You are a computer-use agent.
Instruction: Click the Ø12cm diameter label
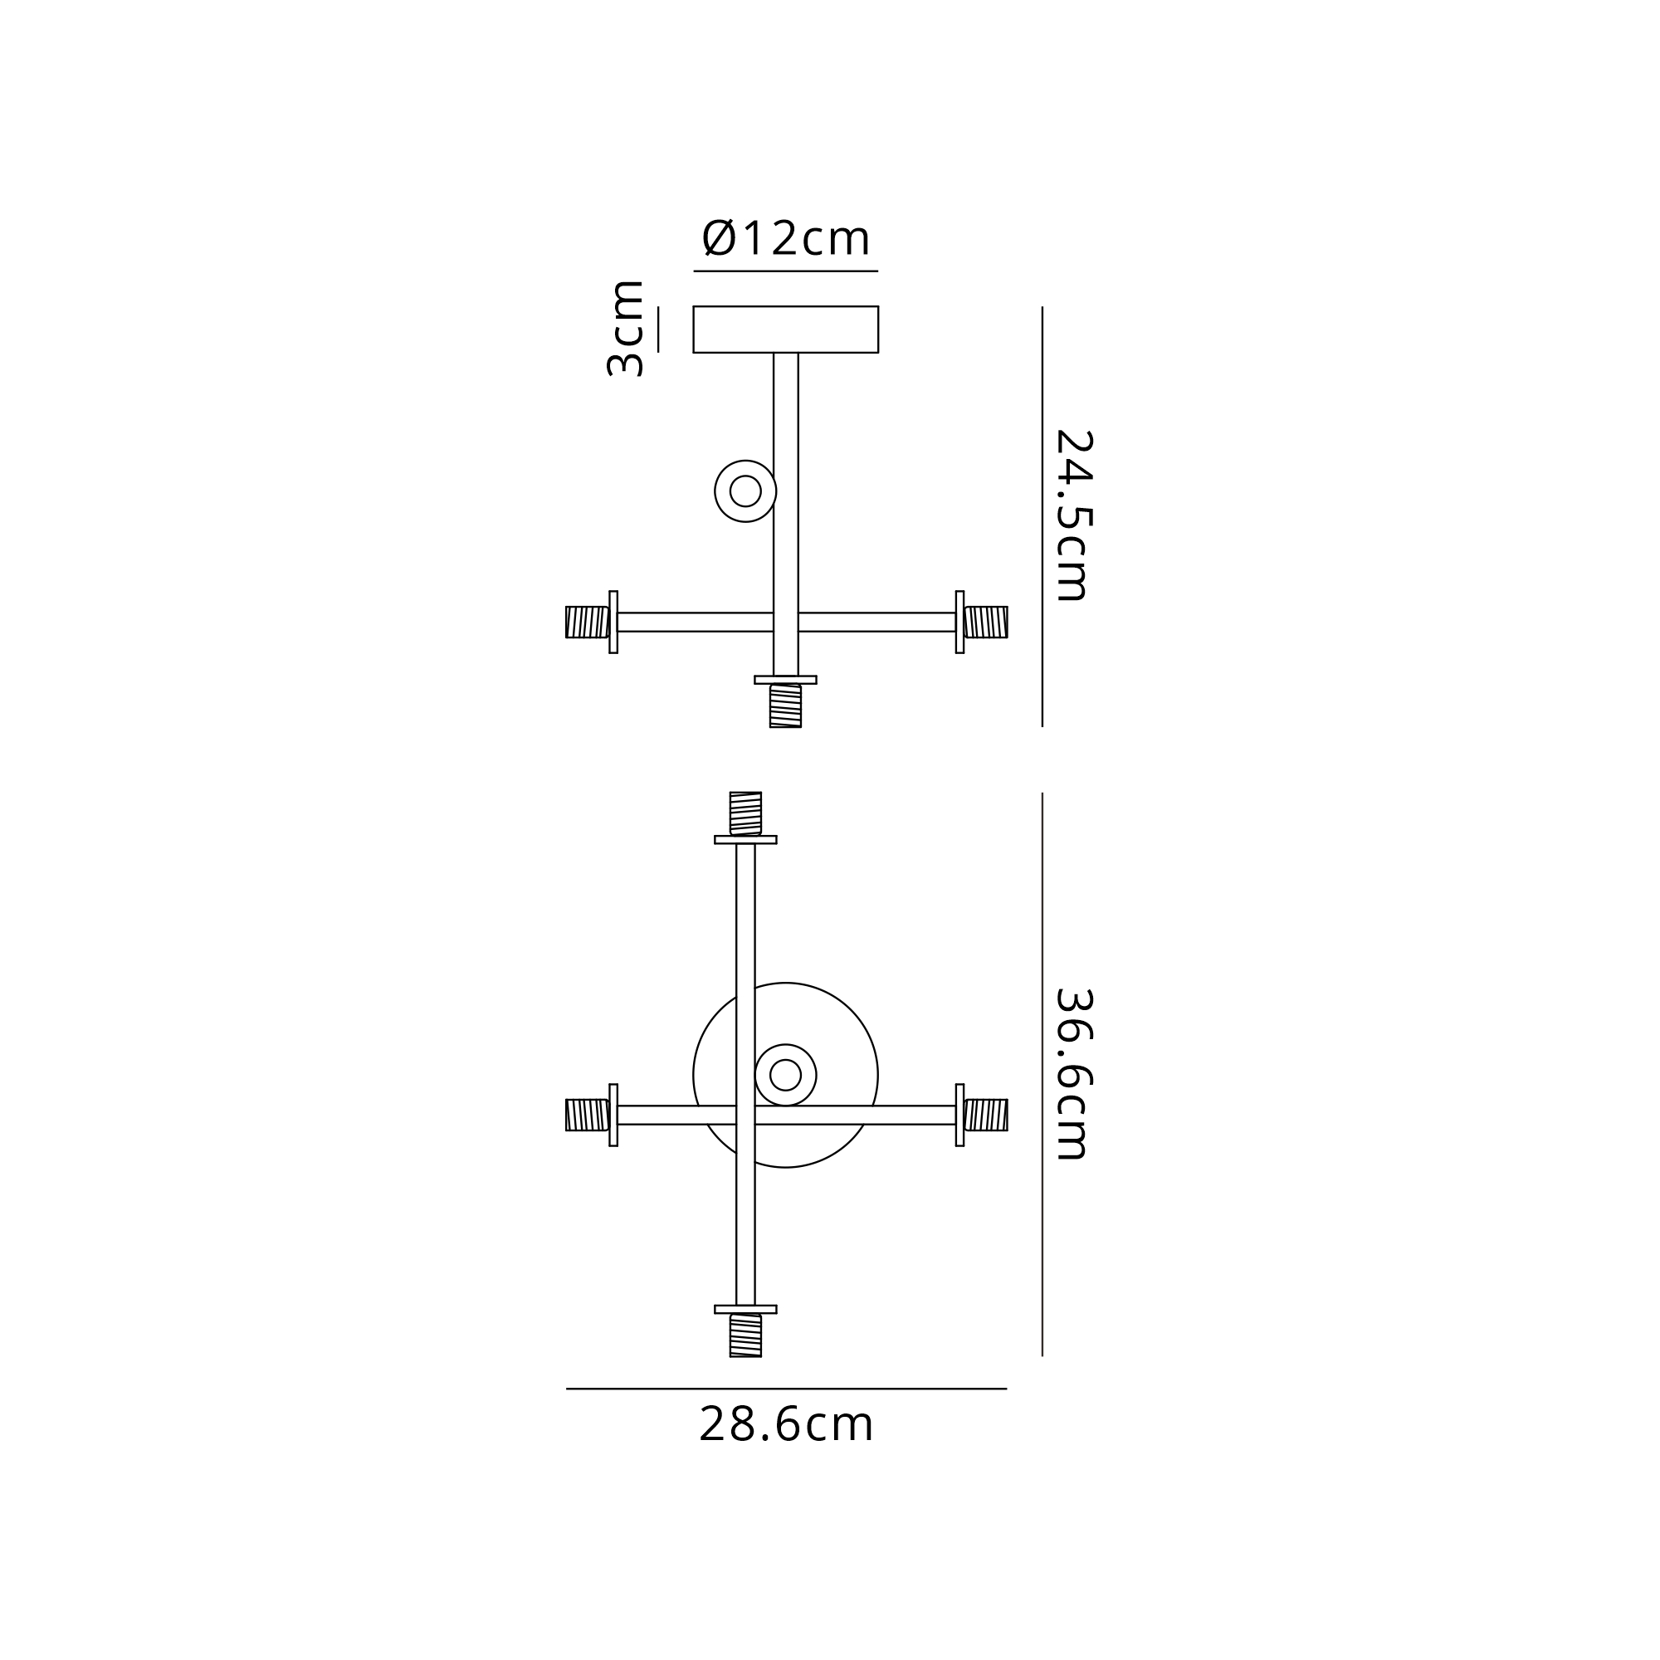[786, 238]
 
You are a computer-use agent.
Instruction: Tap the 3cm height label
[626, 328]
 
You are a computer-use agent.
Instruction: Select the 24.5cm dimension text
[1073, 515]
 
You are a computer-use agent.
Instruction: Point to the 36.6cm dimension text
[1073, 1074]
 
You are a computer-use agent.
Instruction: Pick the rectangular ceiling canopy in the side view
[785, 329]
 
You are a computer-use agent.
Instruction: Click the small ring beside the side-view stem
[745, 491]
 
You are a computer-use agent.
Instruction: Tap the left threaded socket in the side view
[588, 622]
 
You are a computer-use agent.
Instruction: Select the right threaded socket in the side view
[985, 622]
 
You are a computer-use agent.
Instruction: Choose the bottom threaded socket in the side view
[785, 705]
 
